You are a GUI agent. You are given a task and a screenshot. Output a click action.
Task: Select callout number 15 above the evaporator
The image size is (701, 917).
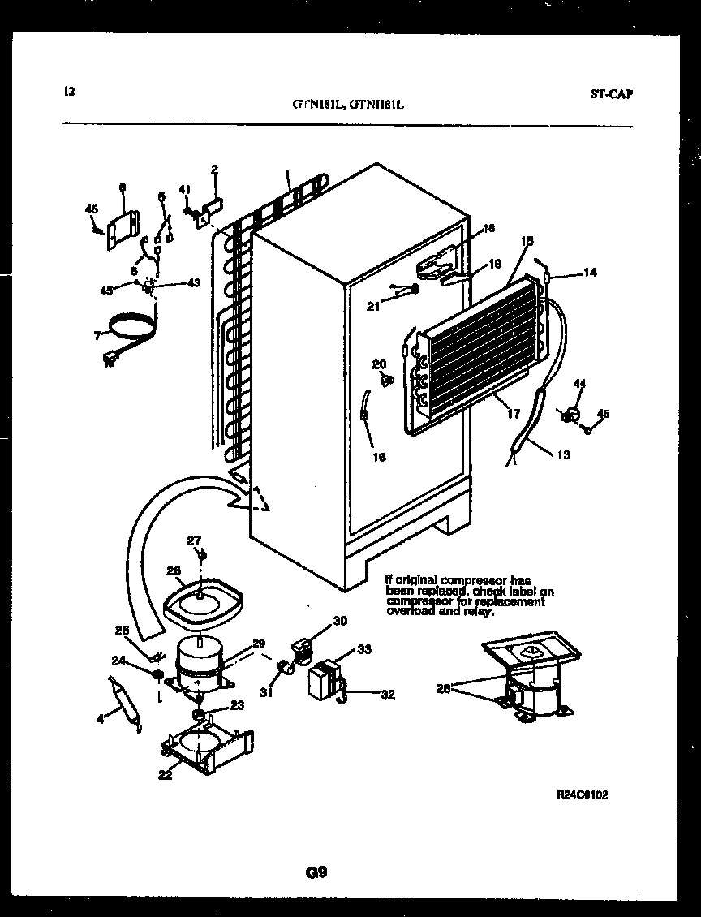tap(527, 241)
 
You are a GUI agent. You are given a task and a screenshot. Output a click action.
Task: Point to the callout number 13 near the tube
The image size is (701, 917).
tap(563, 454)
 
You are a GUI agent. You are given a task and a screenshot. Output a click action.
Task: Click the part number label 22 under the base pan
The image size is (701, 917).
tap(165, 775)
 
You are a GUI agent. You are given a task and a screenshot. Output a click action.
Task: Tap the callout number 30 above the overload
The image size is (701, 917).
tap(340, 621)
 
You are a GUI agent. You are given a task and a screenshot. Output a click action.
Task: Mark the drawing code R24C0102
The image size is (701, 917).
tap(582, 795)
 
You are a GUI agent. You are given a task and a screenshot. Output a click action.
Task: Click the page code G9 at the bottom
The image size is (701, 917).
tap(316, 873)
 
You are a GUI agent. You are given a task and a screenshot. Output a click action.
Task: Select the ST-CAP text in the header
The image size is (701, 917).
tap(611, 93)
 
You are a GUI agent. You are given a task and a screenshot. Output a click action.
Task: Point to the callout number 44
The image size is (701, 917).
tap(579, 383)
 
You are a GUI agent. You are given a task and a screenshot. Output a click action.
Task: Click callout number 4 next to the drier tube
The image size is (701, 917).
tap(101, 718)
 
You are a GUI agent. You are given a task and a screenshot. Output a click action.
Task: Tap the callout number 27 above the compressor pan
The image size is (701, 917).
tap(194, 541)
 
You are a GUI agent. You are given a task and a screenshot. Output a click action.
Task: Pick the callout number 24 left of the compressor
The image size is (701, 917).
tap(118, 661)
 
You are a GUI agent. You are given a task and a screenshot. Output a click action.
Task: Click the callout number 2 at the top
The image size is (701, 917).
tap(214, 170)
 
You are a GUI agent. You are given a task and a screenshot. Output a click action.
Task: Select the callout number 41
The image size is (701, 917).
tap(184, 190)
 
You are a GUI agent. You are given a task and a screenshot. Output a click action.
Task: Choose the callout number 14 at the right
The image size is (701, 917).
tap(590, 273)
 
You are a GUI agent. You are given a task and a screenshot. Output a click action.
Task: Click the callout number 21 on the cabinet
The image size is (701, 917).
tap(373, 305)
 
